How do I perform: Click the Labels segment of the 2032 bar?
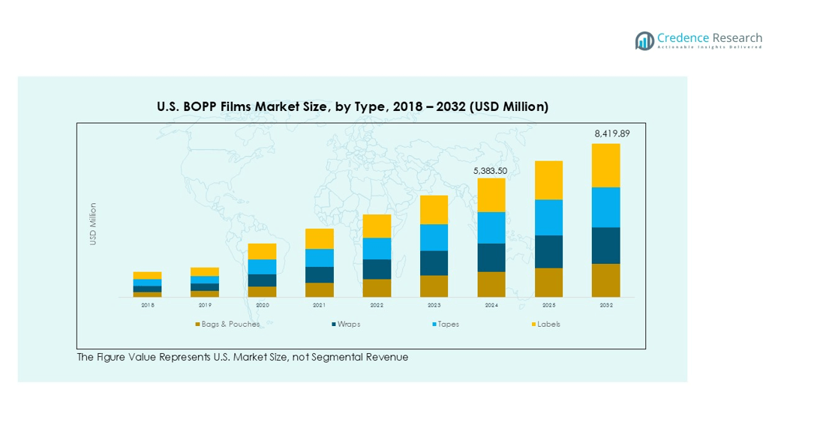pyautogui.click(x=605, y=165)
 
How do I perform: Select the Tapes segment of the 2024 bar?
pyautogui.click(x=491, y=227)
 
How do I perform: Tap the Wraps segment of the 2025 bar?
pyautogui.click(x=548, y=251)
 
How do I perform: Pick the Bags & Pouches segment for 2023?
pyautogui.click(x=434, y=286)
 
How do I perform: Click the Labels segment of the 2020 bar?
pyautogui.click(x=262, y=251)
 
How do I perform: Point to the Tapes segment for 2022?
pyautogui.click(x=377, y=248)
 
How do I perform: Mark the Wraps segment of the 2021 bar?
pyautogui.click(x=319, y=274)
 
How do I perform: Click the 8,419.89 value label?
pyautogui.click(x=605, y=133)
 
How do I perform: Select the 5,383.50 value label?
pyautogui.click(x=491, y=171)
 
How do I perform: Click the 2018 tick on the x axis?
pyautogui.click(x=148, y=305)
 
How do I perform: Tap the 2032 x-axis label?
pyautogui.click(x=605, y=305)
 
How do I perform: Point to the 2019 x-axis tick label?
pyautogui.click(x=205, y=305)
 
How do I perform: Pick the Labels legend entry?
pyautogui.click(x=548, y=325)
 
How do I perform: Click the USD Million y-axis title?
pyautogui.click(x=93, y=223)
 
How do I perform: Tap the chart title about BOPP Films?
pyautogui.click(x=352, y=106)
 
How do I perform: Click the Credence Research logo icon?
pyautogui.click(x=644, y=40)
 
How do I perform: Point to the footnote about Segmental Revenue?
pyautogui.click(x=242, y=357)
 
